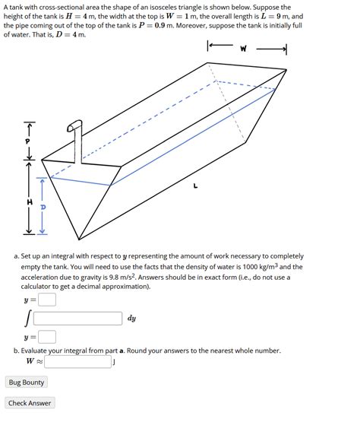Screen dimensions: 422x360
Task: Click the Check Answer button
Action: coord(30,403)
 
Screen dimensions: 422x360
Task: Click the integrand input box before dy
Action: coord(77,319)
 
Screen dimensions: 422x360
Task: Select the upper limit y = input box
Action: coord(47,300)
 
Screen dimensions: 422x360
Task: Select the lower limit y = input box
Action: coord(47,337)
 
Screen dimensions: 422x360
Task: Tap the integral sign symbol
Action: coord(27,319)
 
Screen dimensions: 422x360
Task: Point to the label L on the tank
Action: coord(195,184)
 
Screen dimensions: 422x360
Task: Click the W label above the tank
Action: coord(243,49)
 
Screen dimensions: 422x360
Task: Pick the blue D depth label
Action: coord(43,206)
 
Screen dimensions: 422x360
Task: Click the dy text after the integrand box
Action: coord(131,319)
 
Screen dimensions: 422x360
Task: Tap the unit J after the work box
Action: coord(113,362)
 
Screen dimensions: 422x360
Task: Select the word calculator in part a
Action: coord(43,287)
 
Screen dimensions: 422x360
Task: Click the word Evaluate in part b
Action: coord(39,351)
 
